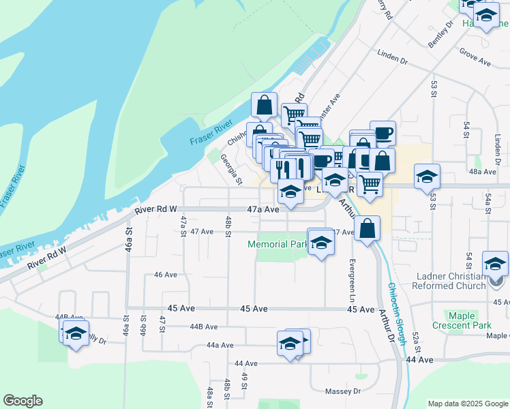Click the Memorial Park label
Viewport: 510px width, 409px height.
(x=277, y=244)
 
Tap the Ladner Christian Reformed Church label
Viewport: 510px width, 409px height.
(x=457, y=281)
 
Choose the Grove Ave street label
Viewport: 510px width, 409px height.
(x=475, y=61)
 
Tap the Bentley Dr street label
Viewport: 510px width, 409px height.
(x=441, y=34)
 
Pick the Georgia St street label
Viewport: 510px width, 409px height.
(x=230, y=169)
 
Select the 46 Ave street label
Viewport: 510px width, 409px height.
(x=166, y=275)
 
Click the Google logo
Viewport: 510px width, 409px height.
(x=22, y=401)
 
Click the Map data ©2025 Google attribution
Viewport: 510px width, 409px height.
(x=468, y=404)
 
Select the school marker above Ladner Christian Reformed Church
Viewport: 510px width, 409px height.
(x=495, y=264)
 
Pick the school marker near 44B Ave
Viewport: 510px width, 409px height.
(x=75, y=334)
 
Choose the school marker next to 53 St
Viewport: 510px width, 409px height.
(x=427, y=177)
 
